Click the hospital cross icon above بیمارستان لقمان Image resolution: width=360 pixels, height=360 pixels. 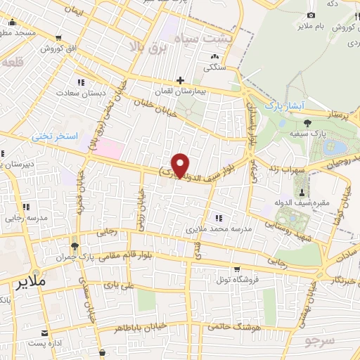181,81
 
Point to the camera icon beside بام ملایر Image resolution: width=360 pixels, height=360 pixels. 311,15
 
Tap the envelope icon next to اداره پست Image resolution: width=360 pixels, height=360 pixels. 44,333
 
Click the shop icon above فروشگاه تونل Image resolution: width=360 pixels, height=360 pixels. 236,269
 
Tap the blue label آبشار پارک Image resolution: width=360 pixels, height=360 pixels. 282,105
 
